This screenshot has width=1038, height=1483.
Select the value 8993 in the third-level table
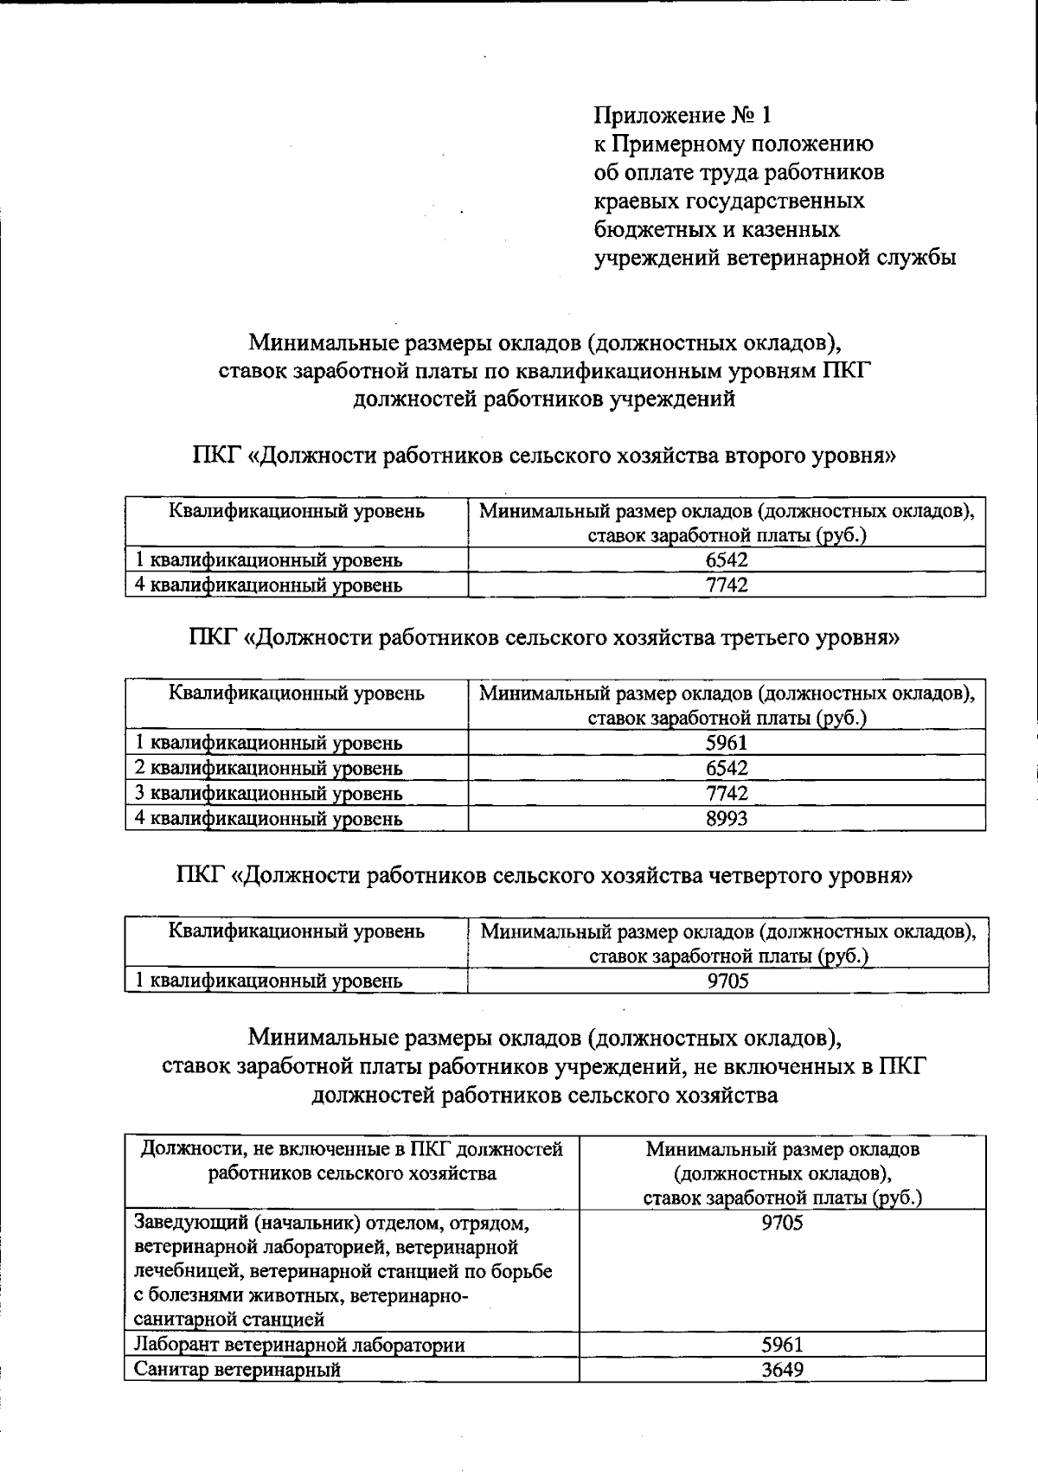pyautogui.click(x=727, y=818)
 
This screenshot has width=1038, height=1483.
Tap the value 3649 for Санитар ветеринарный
pyautogui.click(x=782, y=1370)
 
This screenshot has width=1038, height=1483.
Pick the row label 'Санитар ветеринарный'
pyautogui.click(x=238, y=1370)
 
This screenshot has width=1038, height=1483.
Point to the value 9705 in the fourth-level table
pyautogui.click(x=727, y=981)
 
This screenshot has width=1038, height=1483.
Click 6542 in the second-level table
pyautogui.click(x=727, y=560)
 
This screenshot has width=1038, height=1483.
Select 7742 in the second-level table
pyautogui.click(x=727, y=585)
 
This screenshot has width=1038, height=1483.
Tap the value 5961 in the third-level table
pyautogui.click(x=727, y=743)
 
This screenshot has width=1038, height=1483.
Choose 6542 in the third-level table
pyautogui.click(x=727, y=768)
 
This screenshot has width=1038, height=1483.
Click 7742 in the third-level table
pyautogui.click(x=727, y=793)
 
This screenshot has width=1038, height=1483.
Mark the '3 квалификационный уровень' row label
pyautogui.click(x=269, y=793)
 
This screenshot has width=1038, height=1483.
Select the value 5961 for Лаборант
pyautogui.click(x=782, y=1345)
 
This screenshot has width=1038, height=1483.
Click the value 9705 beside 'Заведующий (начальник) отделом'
pyautogui.click(x=782, y=1223)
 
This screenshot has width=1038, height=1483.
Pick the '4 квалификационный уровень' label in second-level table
pyautogui.click(x=269, y=585)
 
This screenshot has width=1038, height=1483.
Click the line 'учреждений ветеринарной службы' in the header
pyautogui.click(x=775, y=258)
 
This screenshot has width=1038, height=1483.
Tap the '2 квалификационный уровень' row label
pyautogui.click(x=269, y=768)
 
